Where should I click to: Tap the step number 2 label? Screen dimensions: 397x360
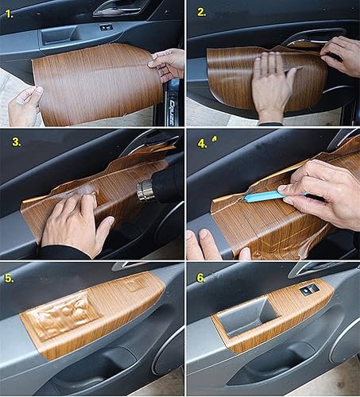click(201, 12)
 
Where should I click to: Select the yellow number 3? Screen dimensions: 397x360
click(17, 142)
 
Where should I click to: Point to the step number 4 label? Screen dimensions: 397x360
click(202, 144)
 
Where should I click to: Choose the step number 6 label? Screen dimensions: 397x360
click(202, 279)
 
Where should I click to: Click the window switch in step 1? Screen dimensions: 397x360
click(106, 28)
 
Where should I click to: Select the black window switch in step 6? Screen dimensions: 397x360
click(308, 290)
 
